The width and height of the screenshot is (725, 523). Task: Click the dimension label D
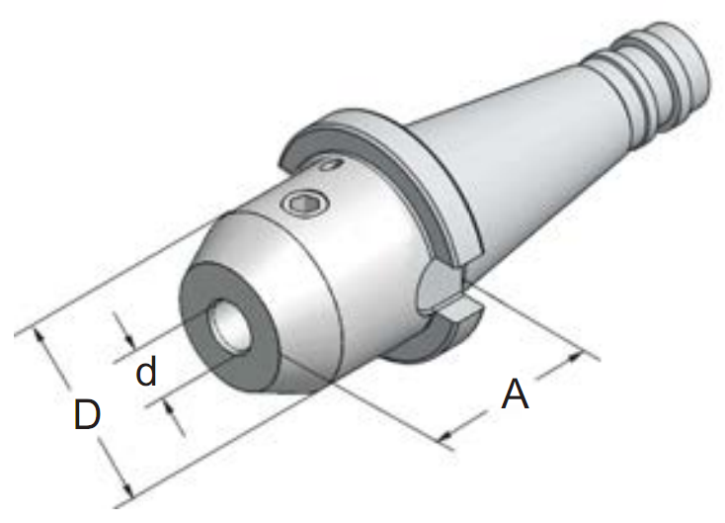coord(87,414)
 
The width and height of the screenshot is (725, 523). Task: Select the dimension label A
coord(515,394)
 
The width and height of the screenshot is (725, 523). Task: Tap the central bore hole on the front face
coord(230,327)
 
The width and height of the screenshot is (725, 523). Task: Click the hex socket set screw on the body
coord(306,203)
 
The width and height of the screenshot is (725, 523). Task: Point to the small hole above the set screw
coord(331,164)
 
